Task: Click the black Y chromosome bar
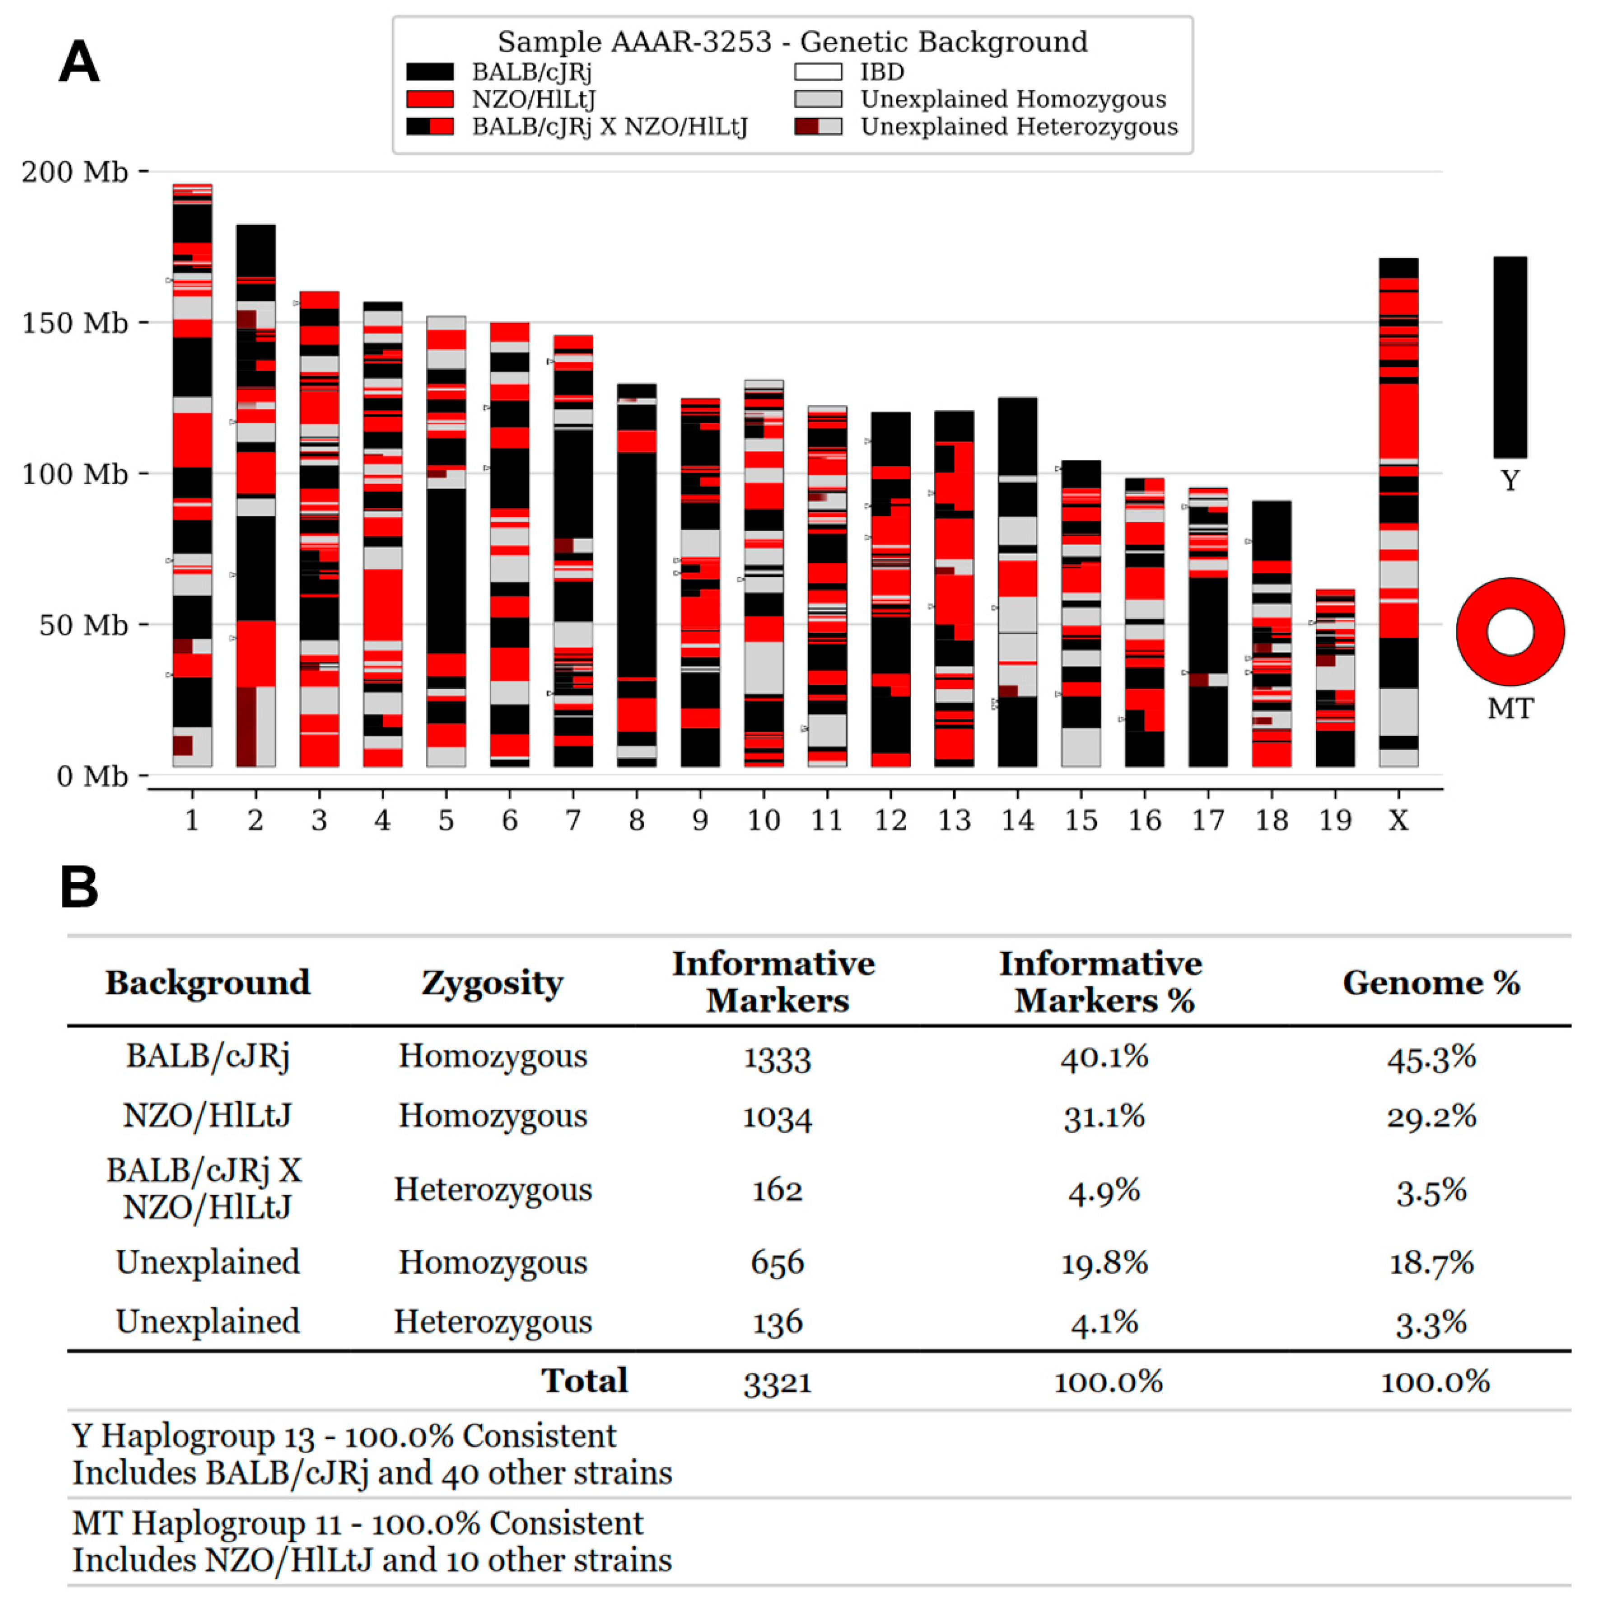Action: tap(1509, 357)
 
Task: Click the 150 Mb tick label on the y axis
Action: tap(75, 323)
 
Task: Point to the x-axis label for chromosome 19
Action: tap(1335, 821)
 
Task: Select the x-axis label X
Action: tap(1398, 821)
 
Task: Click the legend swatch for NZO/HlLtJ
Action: tap(430, 100)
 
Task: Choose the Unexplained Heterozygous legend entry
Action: tap(1018, 126)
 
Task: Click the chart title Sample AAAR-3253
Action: tap(792, 42)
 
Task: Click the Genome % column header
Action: tap(1430, 983)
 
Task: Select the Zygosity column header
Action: tap(492, 983)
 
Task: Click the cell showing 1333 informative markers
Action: tap(777, 1057)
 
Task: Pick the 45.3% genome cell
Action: tap(1430, 1057)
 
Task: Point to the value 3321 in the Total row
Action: tap(777, 1382)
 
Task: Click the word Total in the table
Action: tap(584, 1381)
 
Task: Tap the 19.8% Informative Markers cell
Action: tap(1104, 1262)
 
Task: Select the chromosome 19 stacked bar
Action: tap(1335, 679)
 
